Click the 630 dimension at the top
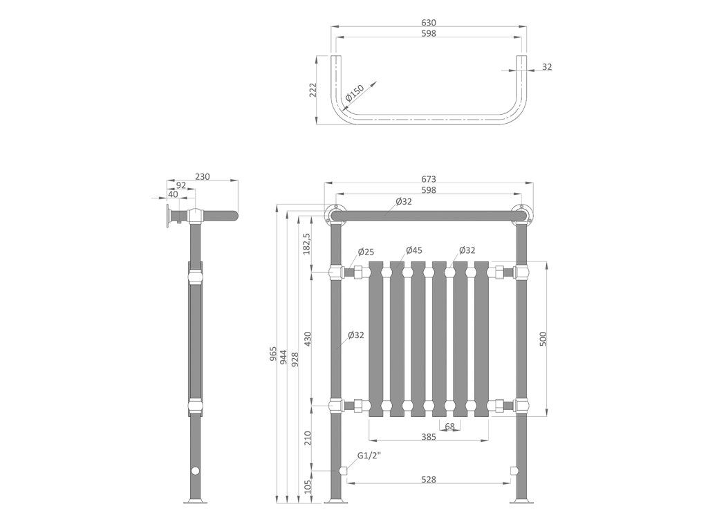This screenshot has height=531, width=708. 428,23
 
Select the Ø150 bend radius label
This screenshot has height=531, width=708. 355,93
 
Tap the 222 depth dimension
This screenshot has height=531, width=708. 313,89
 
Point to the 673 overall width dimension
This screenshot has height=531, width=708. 428,180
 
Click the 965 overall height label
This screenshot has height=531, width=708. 273,353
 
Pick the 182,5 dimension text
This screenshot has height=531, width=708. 306,244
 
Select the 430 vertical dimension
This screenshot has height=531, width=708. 308,339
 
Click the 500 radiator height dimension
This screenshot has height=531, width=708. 543,339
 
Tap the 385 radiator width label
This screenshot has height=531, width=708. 429,437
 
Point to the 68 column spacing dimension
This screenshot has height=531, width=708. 449,426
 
